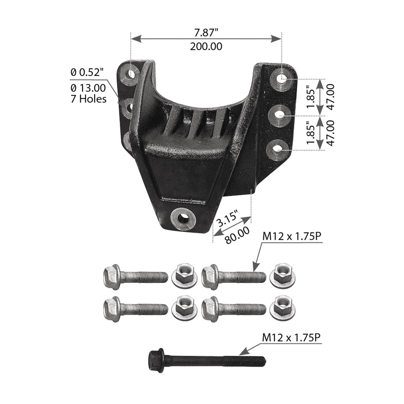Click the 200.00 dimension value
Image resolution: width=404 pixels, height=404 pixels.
tap(206, 47)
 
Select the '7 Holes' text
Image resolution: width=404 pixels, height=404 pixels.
tap(89, 99)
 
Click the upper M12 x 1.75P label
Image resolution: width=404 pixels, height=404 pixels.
tap(292, 236)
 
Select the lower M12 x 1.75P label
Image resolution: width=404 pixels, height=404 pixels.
tap(292, 338)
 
